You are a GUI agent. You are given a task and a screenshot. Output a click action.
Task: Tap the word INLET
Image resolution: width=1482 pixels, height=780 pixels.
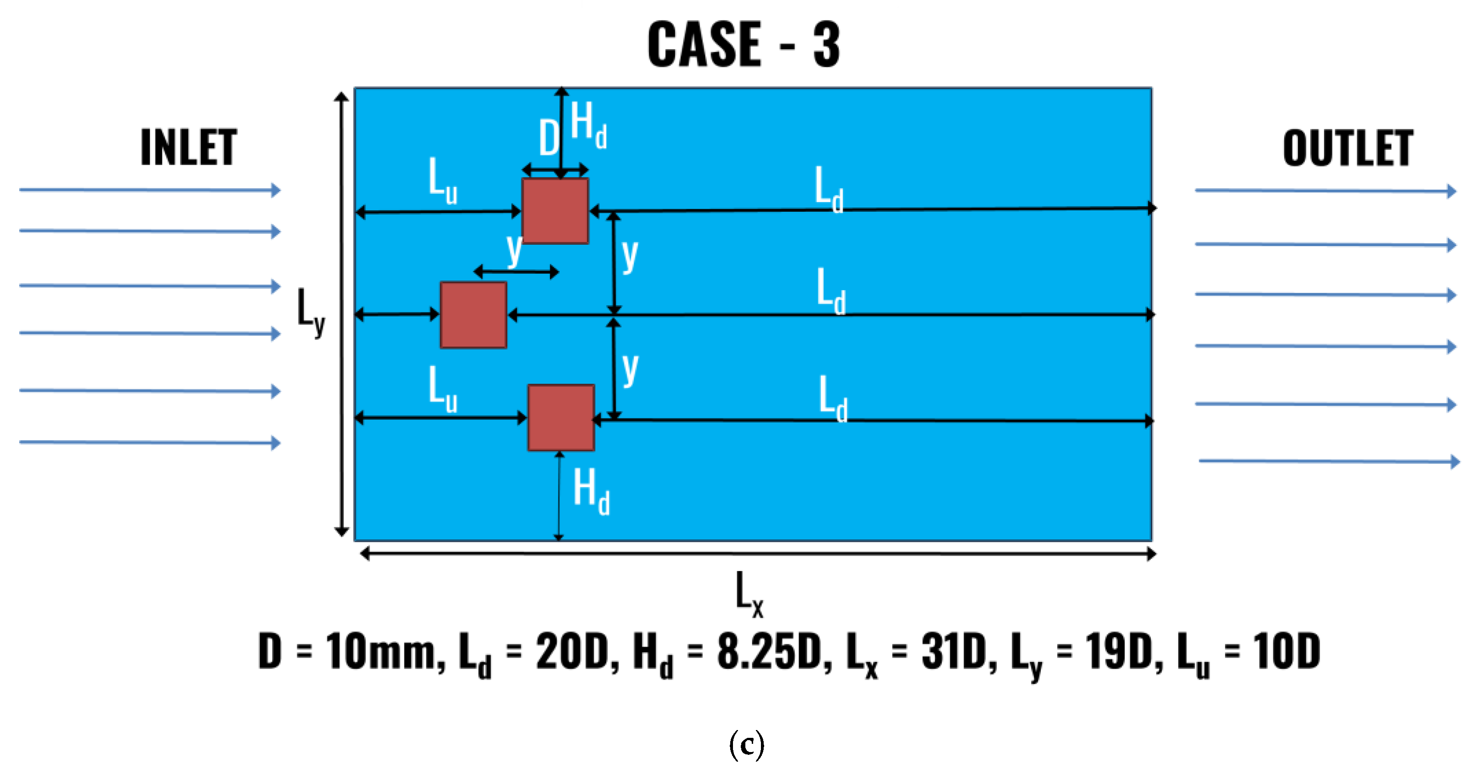coord(189,148)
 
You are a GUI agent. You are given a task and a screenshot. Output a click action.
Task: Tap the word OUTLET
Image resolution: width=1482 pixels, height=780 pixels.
coord(1347,148)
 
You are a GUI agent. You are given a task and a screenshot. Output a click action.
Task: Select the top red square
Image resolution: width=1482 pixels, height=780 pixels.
coord(555,211)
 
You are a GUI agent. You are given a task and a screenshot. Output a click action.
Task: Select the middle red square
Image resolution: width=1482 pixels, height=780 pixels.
coord(473,315)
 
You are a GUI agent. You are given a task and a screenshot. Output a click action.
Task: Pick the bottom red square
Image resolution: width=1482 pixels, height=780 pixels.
coord(561,417)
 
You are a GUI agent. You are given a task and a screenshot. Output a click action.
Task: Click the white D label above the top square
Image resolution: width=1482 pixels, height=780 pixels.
coord(549,138)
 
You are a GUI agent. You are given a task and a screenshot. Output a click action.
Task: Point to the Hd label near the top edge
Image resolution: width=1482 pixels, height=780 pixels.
coord(588,124)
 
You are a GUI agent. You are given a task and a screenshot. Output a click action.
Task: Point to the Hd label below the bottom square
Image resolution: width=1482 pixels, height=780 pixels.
coord(591,491)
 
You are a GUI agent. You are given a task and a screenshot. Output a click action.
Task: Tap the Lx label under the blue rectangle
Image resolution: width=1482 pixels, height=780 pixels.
coord(749,593)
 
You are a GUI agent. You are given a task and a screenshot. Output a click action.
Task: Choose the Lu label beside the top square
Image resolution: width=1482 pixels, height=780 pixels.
coord(443,180)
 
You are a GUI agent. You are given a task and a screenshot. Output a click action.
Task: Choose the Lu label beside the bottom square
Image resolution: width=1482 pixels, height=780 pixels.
coord(443,389)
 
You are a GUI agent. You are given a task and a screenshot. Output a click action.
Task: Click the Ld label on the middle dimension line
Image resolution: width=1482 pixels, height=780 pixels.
coord(831,291)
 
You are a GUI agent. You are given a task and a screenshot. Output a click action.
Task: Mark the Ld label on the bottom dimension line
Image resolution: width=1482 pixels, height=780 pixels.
coord(832,398)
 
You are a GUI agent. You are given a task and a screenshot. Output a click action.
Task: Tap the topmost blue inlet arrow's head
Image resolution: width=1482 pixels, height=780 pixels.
coord(276,190)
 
